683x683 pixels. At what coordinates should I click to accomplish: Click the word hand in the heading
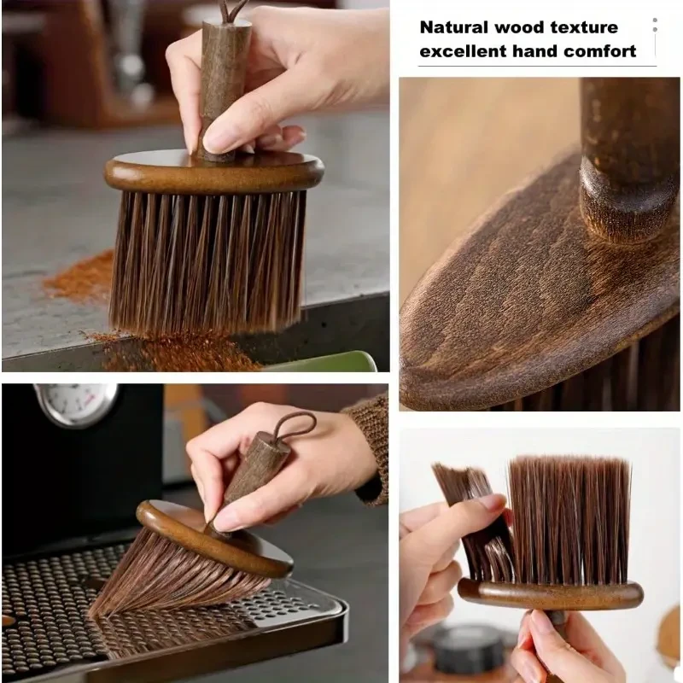535,51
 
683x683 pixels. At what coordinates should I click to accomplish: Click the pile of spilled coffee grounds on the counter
81,277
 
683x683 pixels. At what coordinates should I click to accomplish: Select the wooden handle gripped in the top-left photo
225,81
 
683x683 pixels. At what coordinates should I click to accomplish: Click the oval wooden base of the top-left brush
213,173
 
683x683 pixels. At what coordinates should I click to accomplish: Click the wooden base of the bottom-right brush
550,593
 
